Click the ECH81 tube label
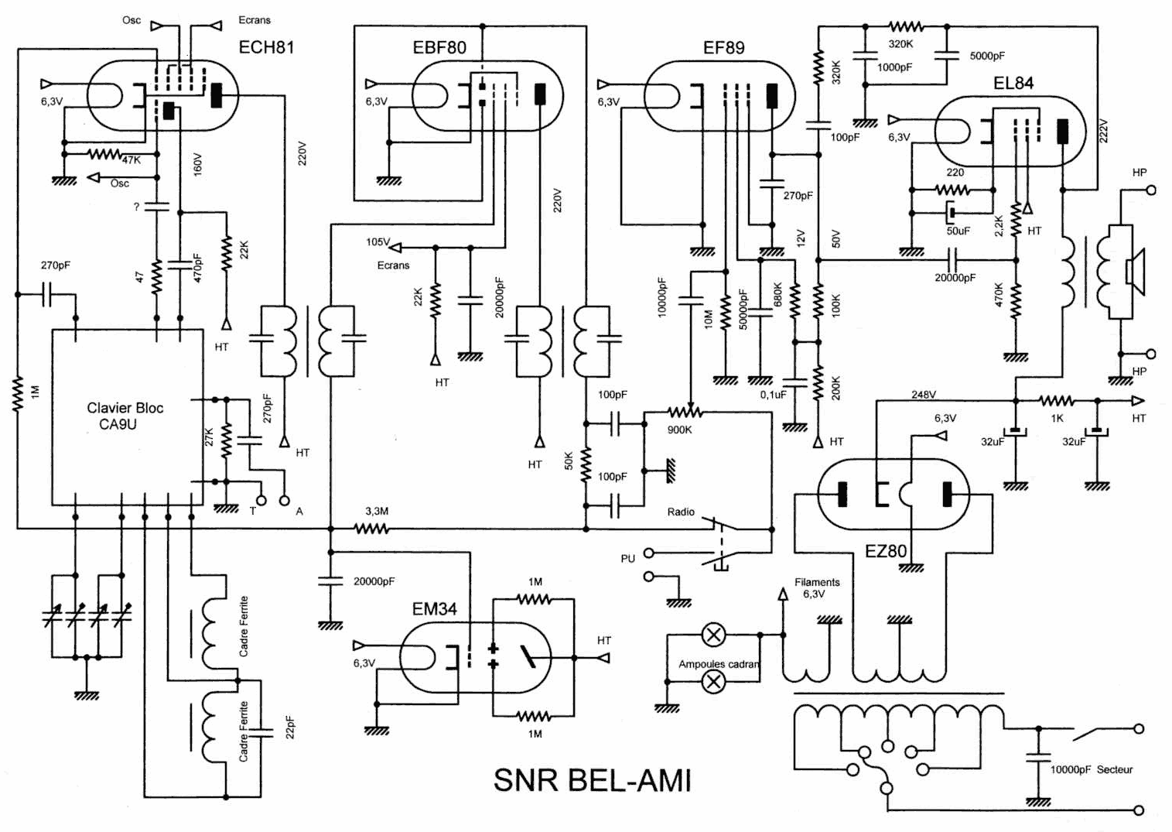(266, 47)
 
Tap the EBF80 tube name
(439, 48)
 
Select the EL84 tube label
(1013, 83)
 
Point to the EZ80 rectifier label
(886, 551)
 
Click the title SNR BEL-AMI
(592, 780)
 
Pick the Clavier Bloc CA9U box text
(125, 416)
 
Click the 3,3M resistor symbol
(372, 529)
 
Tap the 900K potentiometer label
(679, 430)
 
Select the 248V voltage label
(923, 395)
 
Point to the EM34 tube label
(434, 609)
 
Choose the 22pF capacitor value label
(290, 728)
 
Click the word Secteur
(1114, 769)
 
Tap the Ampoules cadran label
(719, 664)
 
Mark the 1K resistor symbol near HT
(1056, 401)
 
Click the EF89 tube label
(723, 48)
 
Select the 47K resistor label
(131, 159)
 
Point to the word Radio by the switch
(681, 512)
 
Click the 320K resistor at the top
(906, 27)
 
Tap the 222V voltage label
(1104, 131)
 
